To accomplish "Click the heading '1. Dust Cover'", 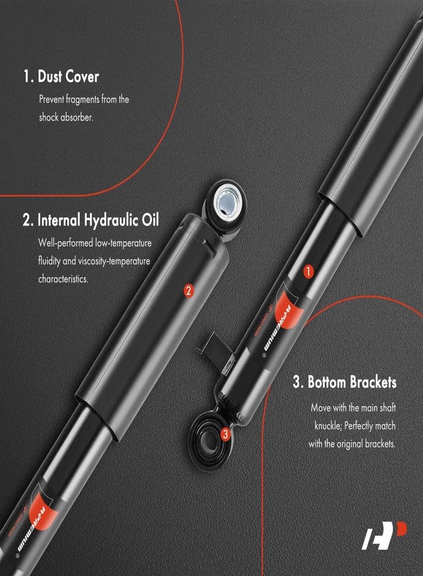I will point(61,77).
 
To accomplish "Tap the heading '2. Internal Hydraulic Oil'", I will point(90,221).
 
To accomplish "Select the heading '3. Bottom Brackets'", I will point(345,382).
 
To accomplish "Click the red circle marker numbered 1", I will point(308,271).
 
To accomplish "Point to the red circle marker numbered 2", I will point(188,290).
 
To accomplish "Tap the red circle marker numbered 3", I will point(225,435).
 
